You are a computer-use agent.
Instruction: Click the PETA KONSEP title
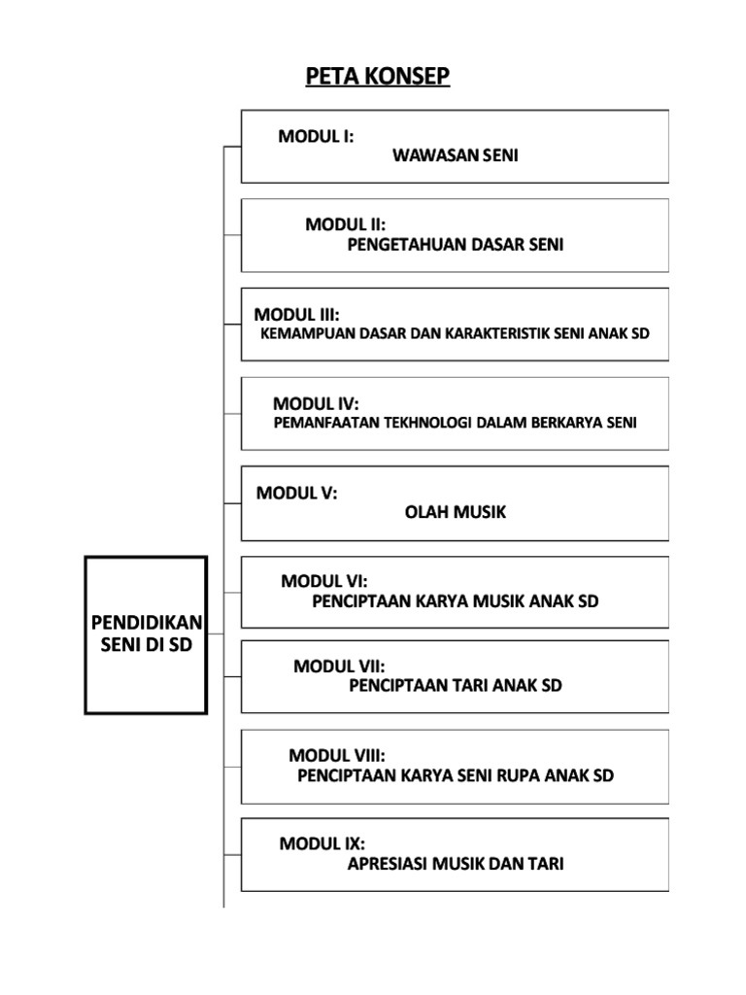[378, 76]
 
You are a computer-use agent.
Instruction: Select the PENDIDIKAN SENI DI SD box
[146, 634]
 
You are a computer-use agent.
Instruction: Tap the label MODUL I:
[316, 136]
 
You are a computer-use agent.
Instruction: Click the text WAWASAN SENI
[456, 154]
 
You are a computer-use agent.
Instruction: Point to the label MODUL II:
[345, 224]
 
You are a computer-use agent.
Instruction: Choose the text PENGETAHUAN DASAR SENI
[456, 244]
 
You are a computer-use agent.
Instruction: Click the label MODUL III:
[297, 314]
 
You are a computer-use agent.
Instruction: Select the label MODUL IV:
[316, 403]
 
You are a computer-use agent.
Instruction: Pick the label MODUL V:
[297, 493]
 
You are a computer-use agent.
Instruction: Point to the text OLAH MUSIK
[456, 512]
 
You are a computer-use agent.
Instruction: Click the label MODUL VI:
[324, 581]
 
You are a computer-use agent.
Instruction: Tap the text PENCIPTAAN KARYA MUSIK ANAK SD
[456, 600]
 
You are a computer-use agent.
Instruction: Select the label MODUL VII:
[339, 666]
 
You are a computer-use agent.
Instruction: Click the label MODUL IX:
[322, 843]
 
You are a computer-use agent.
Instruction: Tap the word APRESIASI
[388, 863]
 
